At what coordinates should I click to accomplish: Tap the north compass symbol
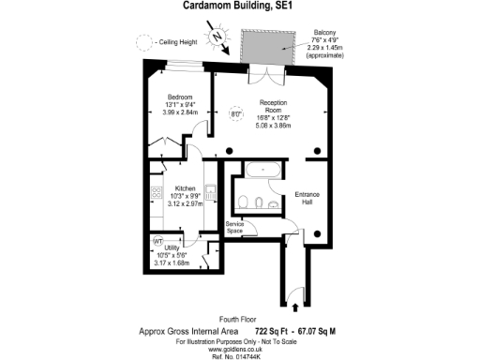pos(217,38)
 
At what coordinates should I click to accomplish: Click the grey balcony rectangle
pos(268,48)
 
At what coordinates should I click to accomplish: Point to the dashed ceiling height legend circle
pos(142,41)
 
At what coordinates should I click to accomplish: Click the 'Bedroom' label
pos(180,96)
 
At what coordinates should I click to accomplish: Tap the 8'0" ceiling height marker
pos(236,115)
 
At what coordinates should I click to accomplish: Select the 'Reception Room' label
pos(273,105)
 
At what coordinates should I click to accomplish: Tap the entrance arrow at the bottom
pos(296,307)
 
